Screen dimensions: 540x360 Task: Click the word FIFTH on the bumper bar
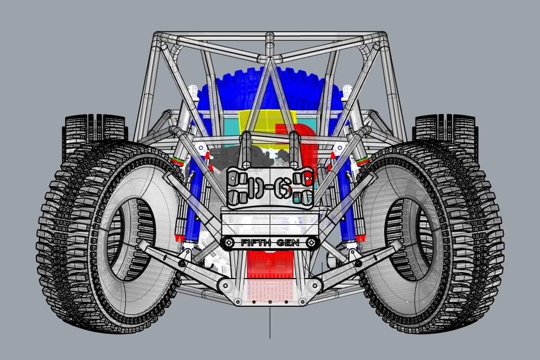pyautogui.click(x=255, y=243)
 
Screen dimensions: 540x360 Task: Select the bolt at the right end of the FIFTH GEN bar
pyautogui.click(x=312, y=243)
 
